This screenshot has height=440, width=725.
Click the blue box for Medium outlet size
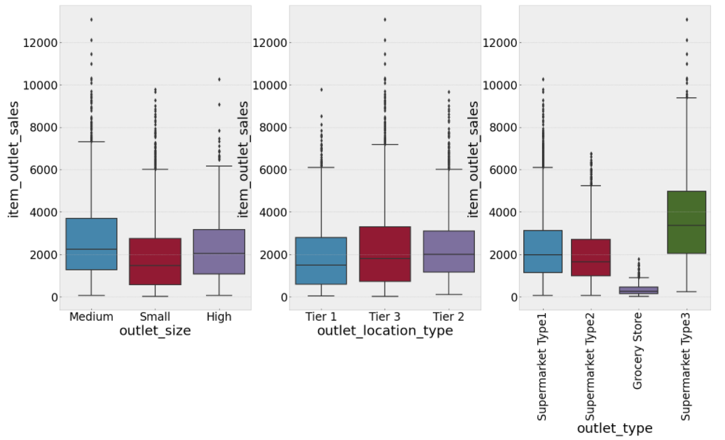tap(91, 244)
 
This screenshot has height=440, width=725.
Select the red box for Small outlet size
tap(155, 261)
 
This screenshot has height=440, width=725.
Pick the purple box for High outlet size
tap(219, 252)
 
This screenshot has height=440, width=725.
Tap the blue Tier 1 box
tap(322, 261)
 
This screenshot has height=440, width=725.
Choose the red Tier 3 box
tap(385, 254)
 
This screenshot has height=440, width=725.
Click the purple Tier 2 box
tap(449, 252)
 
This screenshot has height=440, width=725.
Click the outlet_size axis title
tap(155, 331)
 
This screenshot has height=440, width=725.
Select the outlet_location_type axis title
tap(385, 331)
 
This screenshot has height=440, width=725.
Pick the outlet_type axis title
tap(614, 428)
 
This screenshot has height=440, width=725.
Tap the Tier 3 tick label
tap(385, 317)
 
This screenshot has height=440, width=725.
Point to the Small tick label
tap(155, 317)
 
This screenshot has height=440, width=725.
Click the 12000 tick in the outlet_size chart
tap(41, 43)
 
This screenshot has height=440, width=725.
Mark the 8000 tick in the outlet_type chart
tap(504, 128)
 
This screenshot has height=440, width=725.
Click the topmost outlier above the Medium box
tap(91, 20)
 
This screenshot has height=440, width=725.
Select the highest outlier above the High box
tap(219, 79)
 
